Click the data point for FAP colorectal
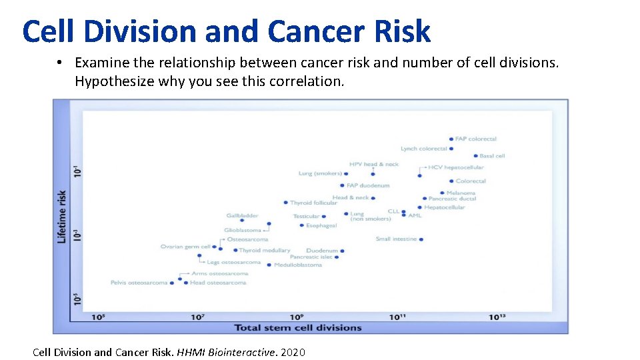(451, 139)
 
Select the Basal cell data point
(475, 156)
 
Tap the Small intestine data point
(421, 239)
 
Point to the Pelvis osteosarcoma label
(139, 283)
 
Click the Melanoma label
(461, 193)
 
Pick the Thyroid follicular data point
(285, 203)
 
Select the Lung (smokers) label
(320, 174)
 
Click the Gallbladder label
(242, 215)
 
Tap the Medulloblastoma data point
(269, 265)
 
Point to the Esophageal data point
(302, 225)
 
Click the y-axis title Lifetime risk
(62, 217)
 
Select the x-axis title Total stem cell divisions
(297, 327)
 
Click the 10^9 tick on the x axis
(297, 317)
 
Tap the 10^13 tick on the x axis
(497, 317)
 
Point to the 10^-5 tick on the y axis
(77, 299)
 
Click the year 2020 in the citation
(293, 351)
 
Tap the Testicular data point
(325, 216)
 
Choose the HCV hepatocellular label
(456, 167)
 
